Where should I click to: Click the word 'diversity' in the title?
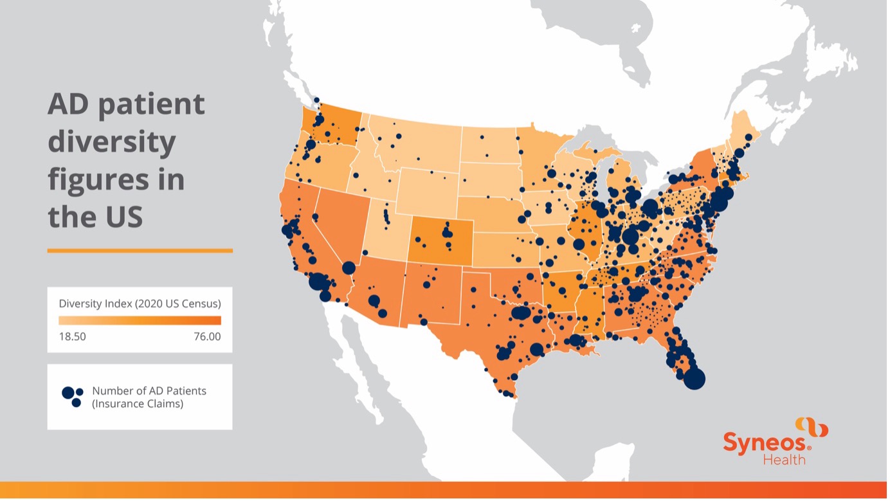click(112, 142)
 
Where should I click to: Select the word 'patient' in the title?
click(152, 105)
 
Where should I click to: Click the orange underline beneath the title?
click(140, 251)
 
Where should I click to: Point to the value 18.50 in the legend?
click(72, 337)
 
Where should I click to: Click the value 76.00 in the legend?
click(207, 337)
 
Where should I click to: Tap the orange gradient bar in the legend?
click(140, 320)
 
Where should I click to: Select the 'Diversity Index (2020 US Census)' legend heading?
click(140, 303)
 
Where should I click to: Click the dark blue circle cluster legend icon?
click(73, 397)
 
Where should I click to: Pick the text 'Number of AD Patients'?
click(149, 391)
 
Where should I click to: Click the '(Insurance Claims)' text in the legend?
click(138, 405)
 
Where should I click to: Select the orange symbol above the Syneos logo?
click(812, 427)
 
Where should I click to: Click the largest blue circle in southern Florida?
click(695, 379)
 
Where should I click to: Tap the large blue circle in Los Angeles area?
click(318, 282)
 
